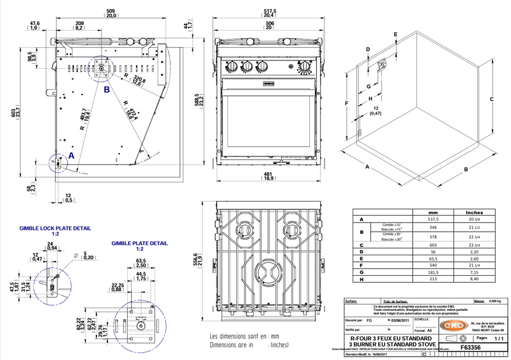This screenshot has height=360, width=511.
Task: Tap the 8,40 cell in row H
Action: pyautogui.click(x=474, y=278)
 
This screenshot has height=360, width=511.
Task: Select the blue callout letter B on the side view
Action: pyautogui.click(x=107, y=90)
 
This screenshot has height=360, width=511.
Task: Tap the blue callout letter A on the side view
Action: pyautogui.click(x=71, y=155)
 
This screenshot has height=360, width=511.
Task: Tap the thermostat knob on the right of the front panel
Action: pyautogui.click(x=306, y=67)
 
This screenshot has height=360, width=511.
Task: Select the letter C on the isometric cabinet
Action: pyautogui.click(x=492, y=99)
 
